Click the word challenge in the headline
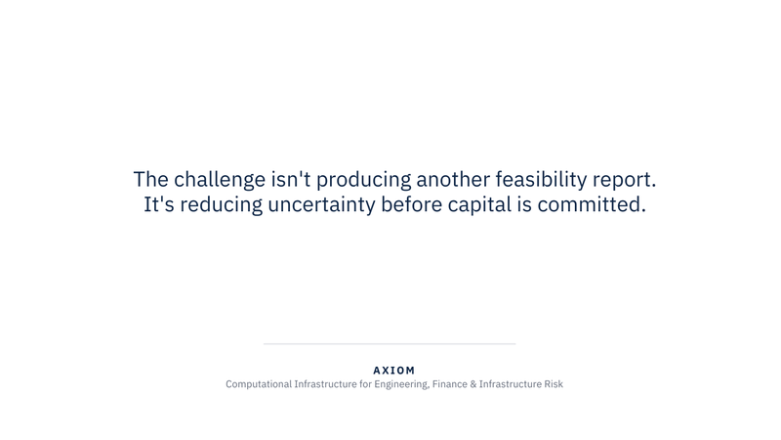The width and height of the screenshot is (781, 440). (220, 180)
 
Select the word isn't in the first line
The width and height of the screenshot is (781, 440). (291, 179)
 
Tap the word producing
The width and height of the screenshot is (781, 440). (363, 180)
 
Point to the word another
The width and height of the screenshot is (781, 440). (453, 179)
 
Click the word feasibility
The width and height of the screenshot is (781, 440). (541, 180)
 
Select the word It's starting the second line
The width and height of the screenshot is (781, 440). (159, 204)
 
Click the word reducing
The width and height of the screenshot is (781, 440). (222, 205)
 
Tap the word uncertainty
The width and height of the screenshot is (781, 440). (322, 205)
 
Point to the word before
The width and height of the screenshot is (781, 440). (411, 204)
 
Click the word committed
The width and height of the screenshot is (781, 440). (592, 204)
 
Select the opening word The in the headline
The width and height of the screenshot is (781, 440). (151, 179)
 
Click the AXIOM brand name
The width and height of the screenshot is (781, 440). (394, 371)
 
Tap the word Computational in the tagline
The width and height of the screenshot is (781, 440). (259, 384)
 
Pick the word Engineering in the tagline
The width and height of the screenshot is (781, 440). (401, 384)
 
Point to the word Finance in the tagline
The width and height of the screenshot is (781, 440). (449, 384)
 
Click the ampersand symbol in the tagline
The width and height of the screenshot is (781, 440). (473, 384)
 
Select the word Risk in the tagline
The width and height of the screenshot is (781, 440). (554, 384)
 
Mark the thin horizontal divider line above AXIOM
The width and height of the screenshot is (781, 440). (390, 344)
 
